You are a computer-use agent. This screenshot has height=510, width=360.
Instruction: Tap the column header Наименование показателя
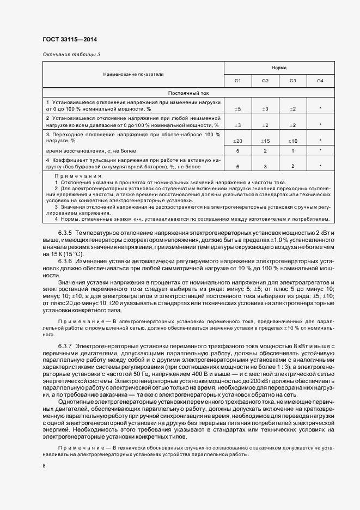tap(133, 74)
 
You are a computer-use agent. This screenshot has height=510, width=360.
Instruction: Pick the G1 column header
tap(238, 81)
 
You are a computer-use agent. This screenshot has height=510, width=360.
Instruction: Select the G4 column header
tap(320, 81)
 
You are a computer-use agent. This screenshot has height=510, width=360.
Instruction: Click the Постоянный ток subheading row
tap(188, 93)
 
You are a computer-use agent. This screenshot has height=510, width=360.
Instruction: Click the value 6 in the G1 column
tap(238, 166)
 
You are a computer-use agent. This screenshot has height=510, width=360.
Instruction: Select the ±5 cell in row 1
tap(237, 109)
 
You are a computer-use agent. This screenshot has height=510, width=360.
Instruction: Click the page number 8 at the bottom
tap(44, 466)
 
